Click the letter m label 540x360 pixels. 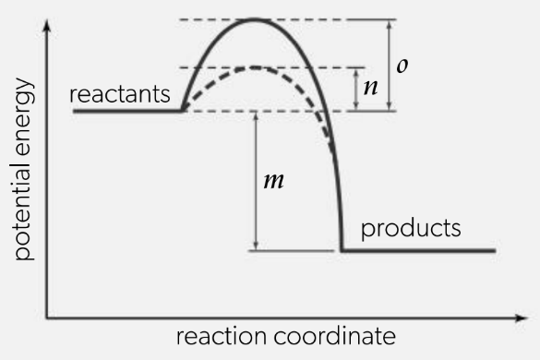click(x=274, y=181)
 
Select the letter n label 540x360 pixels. click(x=371, y=87)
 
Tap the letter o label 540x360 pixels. click(x=402, y=66)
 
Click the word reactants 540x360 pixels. click(x=120, y=94)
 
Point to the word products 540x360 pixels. click(x=411, y=228)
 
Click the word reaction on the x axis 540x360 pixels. click(x=222, y=336)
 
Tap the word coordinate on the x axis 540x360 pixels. click(x=335, y=336)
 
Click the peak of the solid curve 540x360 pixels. click(x=254, y=20)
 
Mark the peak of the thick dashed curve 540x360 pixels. click(x=255, y=67)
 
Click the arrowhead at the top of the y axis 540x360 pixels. click(x=47, y=26)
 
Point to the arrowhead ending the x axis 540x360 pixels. click(x=522, y=318)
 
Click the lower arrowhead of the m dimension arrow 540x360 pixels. click(x=256, y=246)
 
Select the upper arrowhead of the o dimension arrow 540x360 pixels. click(x=390, y=24)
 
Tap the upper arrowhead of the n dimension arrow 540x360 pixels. click(x=356, y=72)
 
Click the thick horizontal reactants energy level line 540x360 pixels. click(x=127, y=111)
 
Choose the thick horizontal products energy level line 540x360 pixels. click(x=418, y=251)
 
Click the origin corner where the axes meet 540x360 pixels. click(x=47, y=318)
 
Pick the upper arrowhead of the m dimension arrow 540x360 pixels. click(x=256, y=116)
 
